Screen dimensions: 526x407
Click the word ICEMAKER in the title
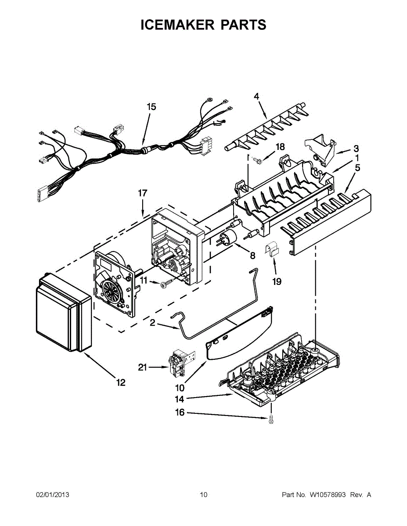point(174,25)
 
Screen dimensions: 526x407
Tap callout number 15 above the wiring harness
point(151,107)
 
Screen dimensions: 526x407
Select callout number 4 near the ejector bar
point(256,96)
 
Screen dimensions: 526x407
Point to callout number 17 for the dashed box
point(143,193)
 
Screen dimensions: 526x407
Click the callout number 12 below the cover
point(120,383)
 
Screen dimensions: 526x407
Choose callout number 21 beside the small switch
point(143,367)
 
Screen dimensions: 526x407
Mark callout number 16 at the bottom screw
point(180,412)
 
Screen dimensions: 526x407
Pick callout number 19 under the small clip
point(277,282)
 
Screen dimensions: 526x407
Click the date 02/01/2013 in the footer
point(52,495)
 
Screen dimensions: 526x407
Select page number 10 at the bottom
point(203,495)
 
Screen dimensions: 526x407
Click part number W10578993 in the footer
point(328,495)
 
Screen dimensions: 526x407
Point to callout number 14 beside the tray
point(180,399)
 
